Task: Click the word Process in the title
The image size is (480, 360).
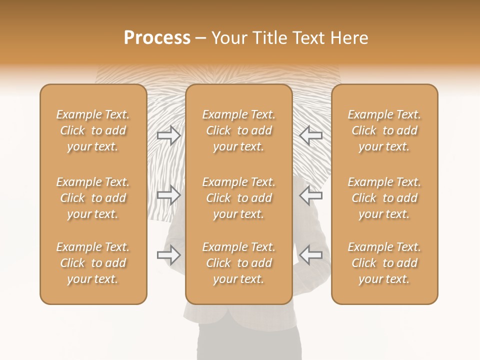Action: pyautogui.click(x=157, y=38)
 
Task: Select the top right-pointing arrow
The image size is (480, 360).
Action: pyautogui.click(x=169, y=135)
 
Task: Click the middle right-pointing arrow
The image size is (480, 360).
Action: pyautogui.click(x=169, y=194)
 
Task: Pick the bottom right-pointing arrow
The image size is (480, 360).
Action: pyautogui.click(x=169, y=254)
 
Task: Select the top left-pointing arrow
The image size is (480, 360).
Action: pyautogui.click(x=311, y=135)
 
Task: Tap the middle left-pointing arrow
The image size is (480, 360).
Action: pyautogui.click(x=311, y=194)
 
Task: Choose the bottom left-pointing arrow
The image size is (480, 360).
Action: pyautogui.click(x=311, y=254)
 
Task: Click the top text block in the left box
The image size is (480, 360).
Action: pyautogui.click(x=93, y=130)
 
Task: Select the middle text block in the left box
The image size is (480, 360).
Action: pyautogui.click(x=93, y=198)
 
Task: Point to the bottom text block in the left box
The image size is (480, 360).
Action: pyautogui.click(x=93, y=263)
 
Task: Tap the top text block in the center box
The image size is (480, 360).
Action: pyautogui.click(x=239, y=130)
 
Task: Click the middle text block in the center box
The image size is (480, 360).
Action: pyautogui.click(x=239, y=198)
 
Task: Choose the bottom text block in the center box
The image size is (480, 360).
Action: pyautogui.click(x=239, y=263)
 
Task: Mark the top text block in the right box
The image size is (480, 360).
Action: pyautogui.click(x=384, y=130)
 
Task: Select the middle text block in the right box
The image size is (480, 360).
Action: pyautogui.click(x=384, y=198)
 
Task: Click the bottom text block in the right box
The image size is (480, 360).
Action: pyautogui.click(x=384, y=263)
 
